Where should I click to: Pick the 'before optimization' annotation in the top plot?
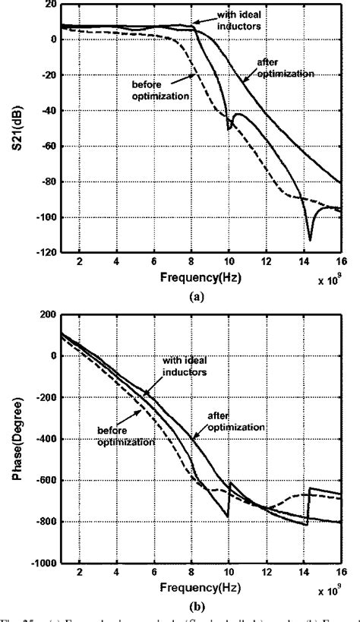(x=169, y=89)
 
